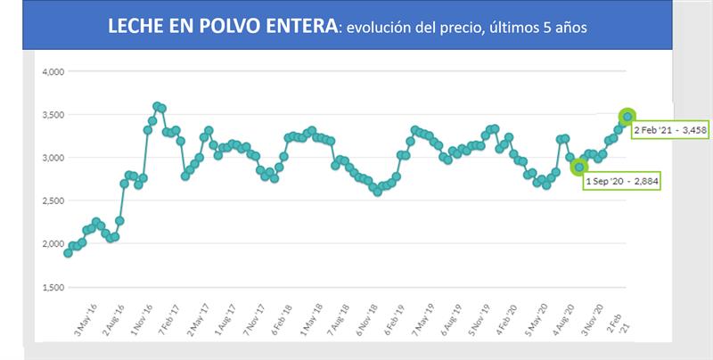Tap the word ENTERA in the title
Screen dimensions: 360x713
point(300,27)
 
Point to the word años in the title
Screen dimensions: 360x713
point(568,29)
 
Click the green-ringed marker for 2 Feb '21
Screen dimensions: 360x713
point(627,117)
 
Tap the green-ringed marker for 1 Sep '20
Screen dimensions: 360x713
point(579,167)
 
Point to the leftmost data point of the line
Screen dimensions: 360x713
point(68,253)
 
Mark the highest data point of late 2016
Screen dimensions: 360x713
point(157,106)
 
